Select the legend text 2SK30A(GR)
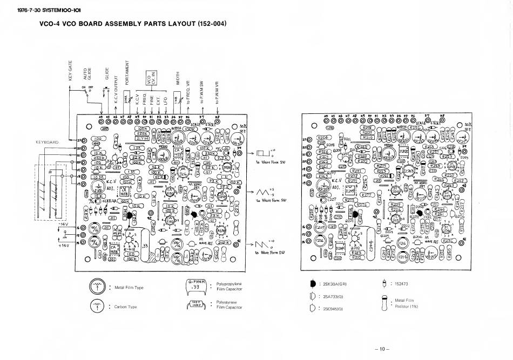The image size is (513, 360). [336, 284]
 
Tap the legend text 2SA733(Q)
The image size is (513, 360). [335, 296]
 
